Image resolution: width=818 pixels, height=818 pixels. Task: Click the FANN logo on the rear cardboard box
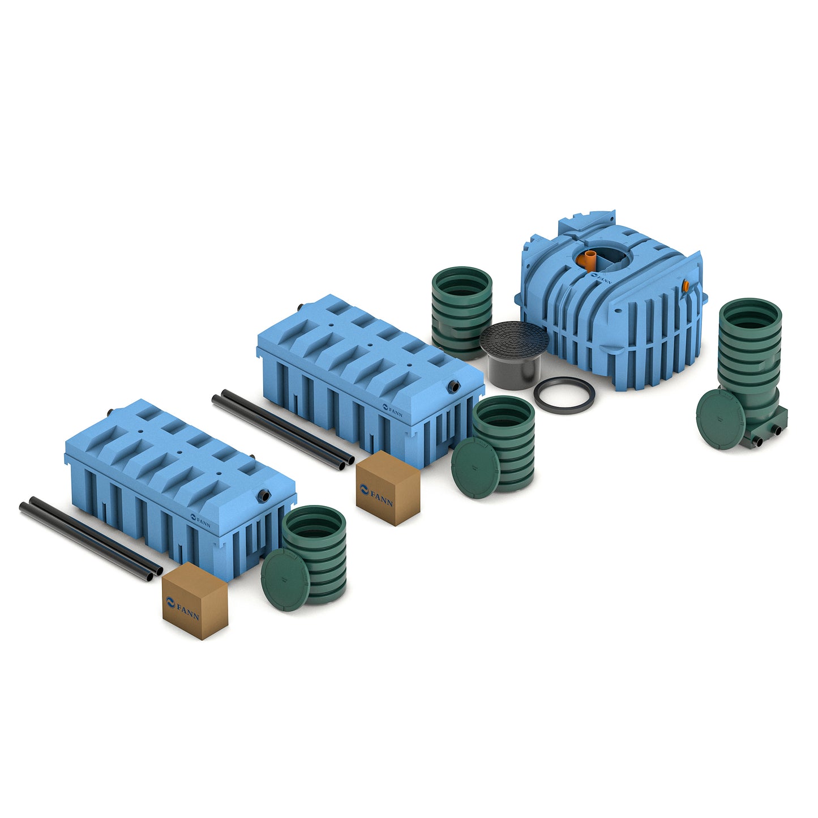click(x=376, y=495)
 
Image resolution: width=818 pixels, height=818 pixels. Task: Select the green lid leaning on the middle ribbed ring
click(x=476, y=468)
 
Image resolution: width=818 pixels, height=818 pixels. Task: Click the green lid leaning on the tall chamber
click(x=721, y=419)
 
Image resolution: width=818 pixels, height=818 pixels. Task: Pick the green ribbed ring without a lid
click(x=461, y=313)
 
